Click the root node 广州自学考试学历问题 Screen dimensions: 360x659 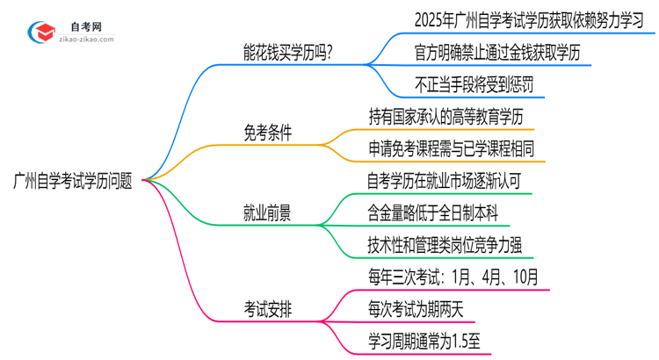click(74, 181)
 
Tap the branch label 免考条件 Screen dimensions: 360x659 click(267, 132)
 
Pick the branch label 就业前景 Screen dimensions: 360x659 click(267, 213)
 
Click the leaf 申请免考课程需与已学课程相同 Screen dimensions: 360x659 click(458, 148)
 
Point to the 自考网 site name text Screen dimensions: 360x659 click(87, 25)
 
